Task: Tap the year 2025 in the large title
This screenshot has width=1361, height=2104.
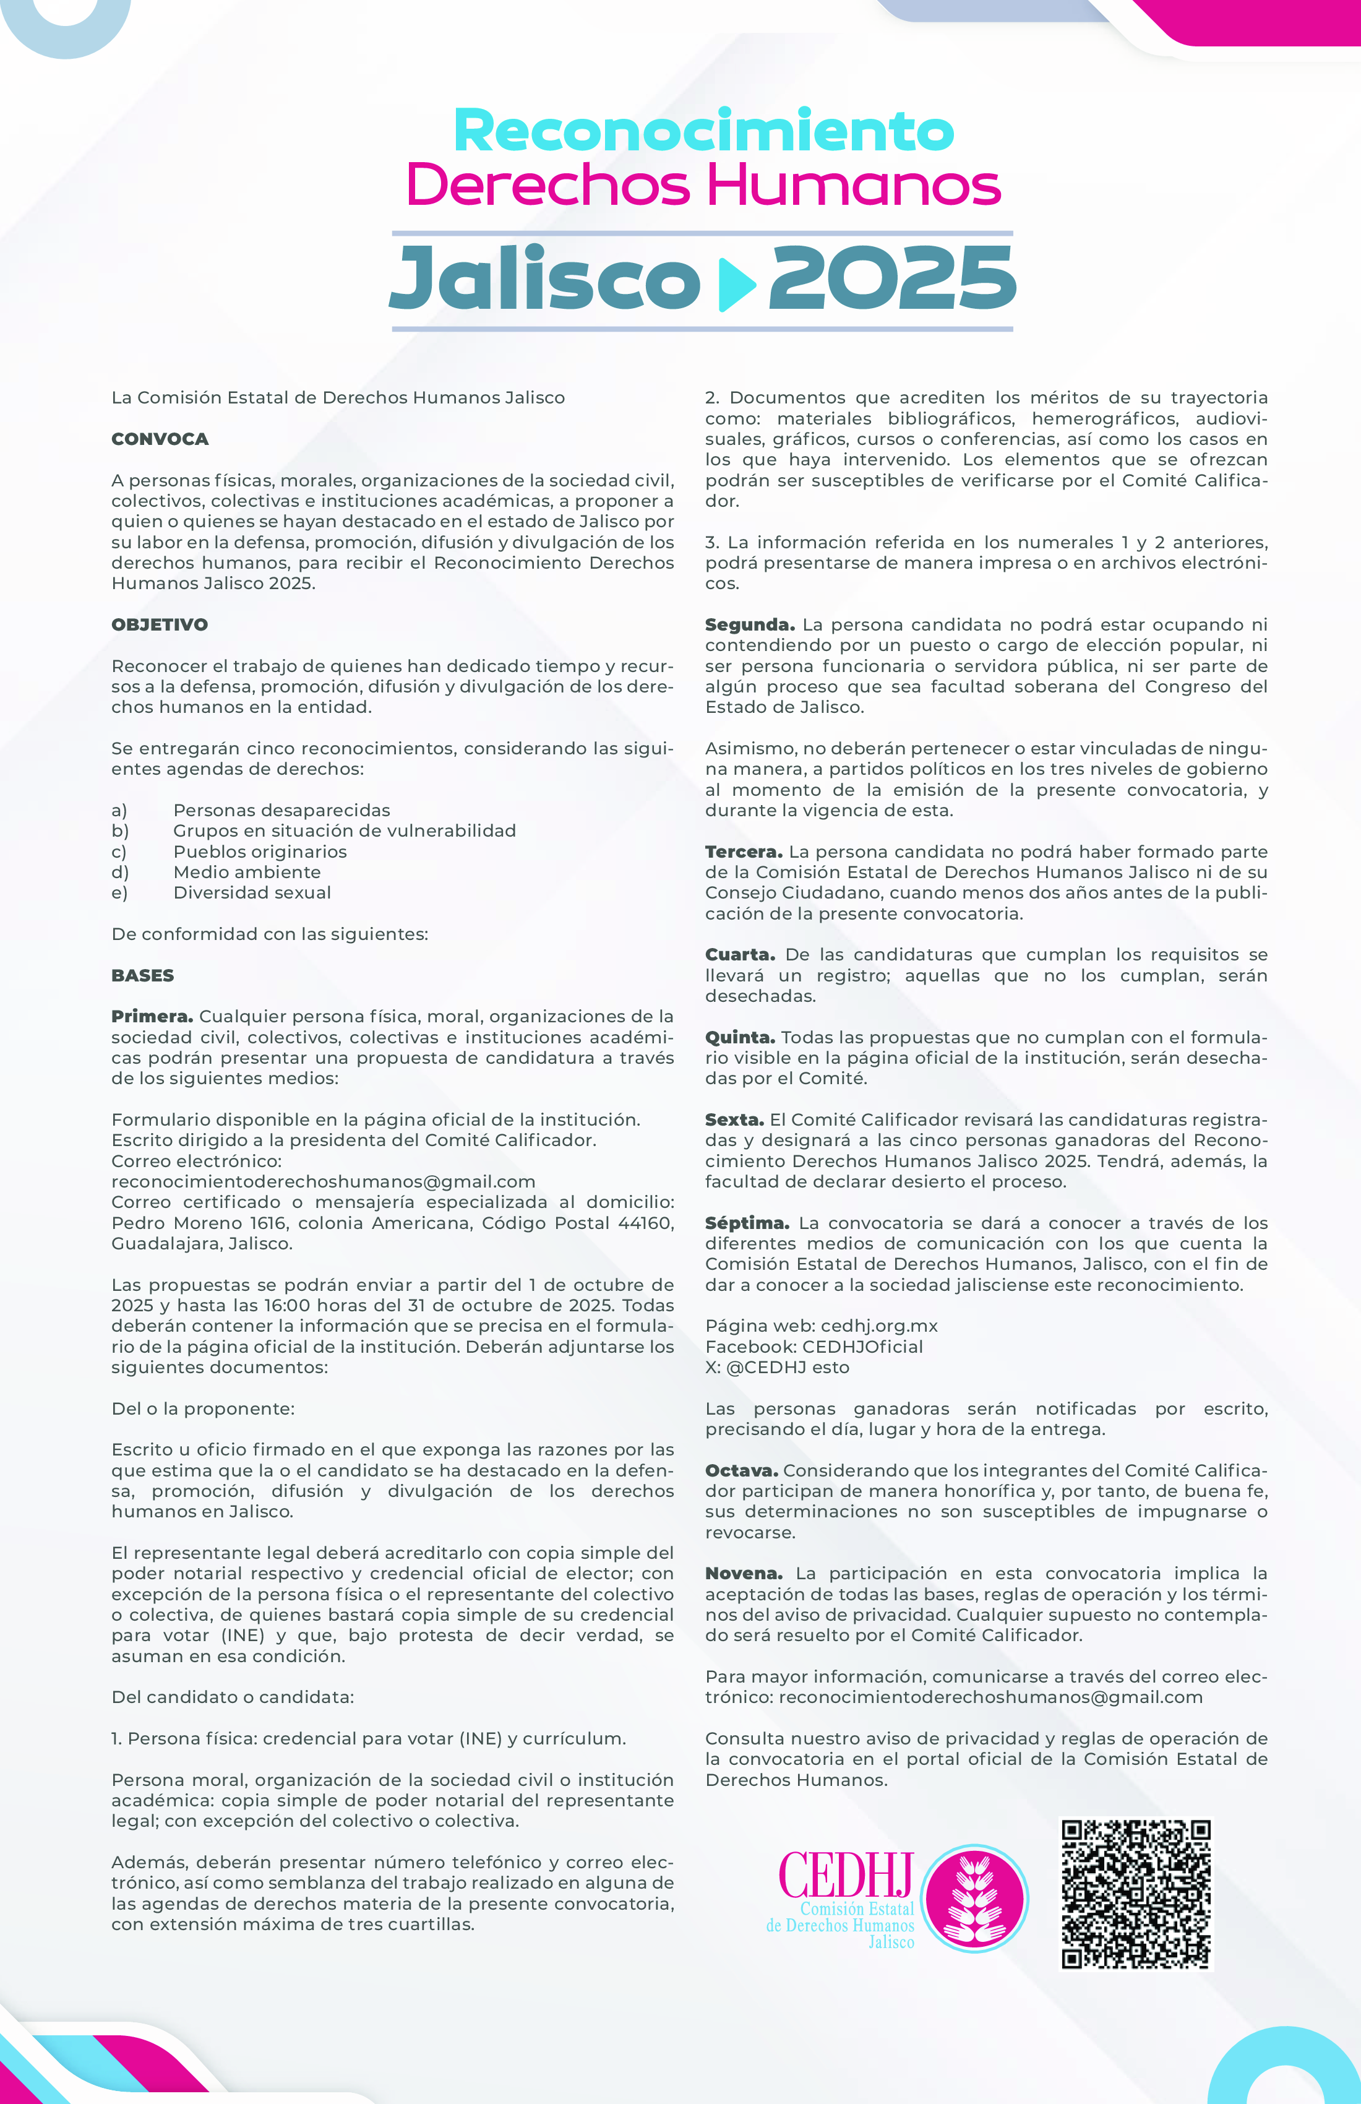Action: [893, 278]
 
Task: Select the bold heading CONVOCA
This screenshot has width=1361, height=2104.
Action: [160, 439]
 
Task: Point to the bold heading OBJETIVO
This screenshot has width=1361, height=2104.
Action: [159, 625]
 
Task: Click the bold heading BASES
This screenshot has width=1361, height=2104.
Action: [142, 976]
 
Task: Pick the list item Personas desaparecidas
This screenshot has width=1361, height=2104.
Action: [281, 811]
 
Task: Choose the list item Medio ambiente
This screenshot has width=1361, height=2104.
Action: [247, 873]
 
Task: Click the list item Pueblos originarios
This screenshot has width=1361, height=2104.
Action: [260, 852]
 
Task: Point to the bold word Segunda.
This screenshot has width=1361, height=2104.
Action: [749, 625]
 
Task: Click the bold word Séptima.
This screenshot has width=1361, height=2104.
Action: [747, 1223]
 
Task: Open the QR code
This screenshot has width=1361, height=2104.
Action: [1136, 1894]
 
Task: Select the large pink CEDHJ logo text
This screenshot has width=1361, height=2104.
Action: [846, 1875]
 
